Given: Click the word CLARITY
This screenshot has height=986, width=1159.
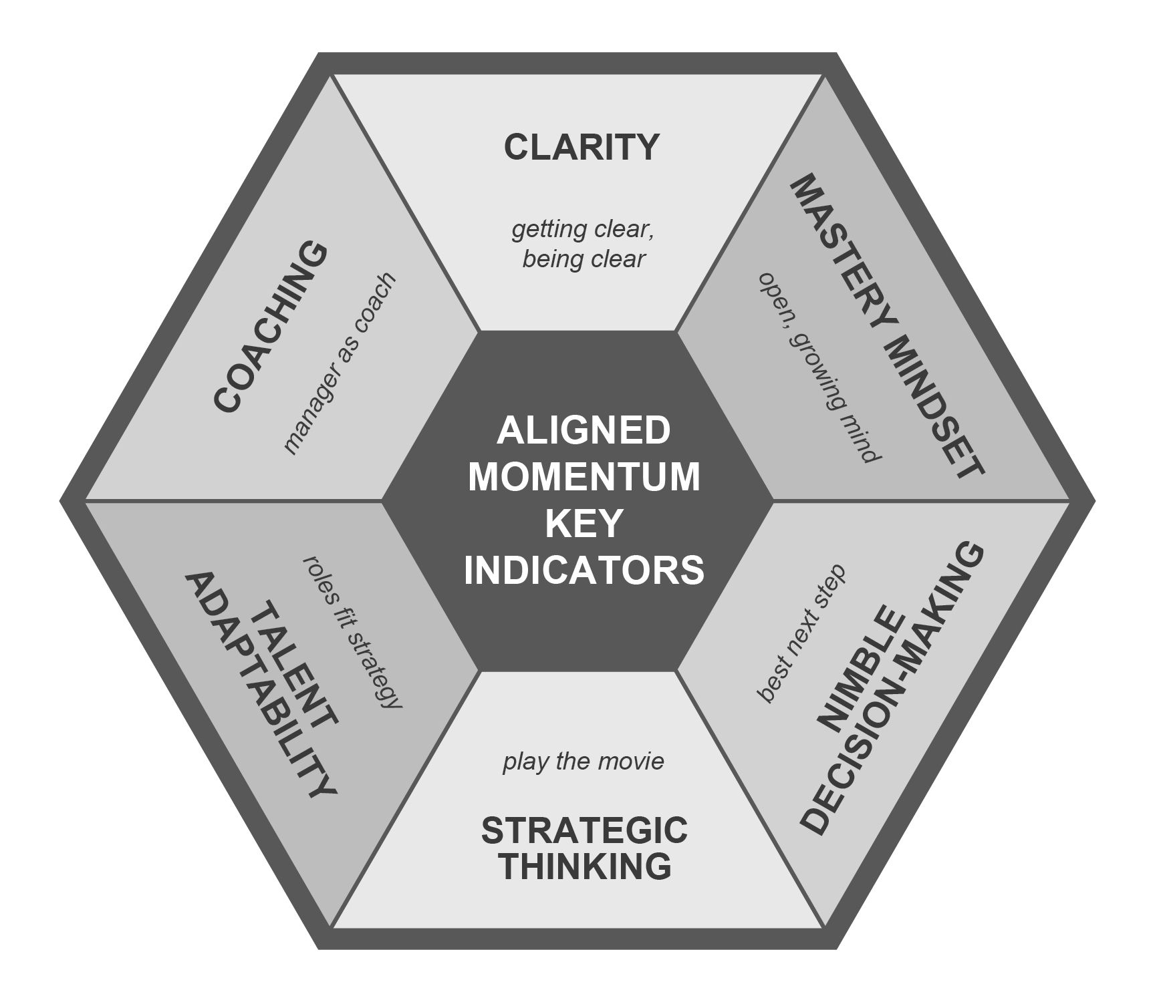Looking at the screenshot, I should click(x=582, y=147).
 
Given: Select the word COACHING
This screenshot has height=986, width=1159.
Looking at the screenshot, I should click(x=271, y=327).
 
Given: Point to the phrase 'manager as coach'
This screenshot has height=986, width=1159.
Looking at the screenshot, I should click(x=340, y=364).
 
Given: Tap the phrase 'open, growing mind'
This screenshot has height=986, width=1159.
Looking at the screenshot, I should click(x=818, y=367).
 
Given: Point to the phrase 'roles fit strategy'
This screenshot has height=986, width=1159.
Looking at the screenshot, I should click(x=353, y=631).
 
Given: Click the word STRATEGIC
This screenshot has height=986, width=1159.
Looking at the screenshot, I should click(x=584, y=831).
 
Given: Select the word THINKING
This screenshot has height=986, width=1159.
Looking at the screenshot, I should click(x=584, y=866).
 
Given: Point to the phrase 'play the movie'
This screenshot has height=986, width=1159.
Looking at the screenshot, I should click(x=583, y=762).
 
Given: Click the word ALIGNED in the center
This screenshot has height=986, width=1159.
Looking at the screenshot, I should click(x=584, y=431).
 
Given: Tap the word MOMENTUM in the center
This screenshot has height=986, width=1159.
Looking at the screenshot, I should click(x=584, y=477).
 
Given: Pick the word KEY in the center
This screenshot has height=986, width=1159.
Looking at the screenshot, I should click(x=584, y=523).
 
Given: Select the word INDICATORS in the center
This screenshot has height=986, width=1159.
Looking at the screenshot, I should click(x=584, y=570).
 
